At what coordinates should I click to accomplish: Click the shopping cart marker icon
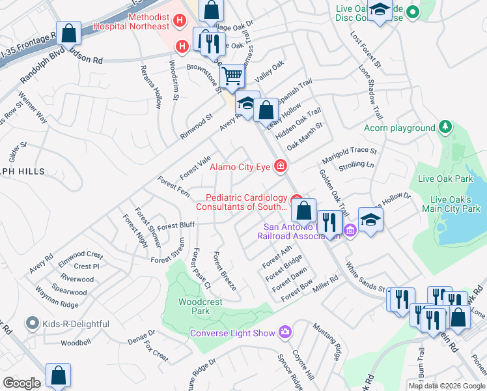point(232,78)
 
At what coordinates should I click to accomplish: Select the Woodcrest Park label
point(201,306)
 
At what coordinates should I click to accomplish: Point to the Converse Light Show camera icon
point(285,333)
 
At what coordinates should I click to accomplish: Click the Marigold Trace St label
point(350,155)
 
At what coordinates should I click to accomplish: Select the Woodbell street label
point(76,343)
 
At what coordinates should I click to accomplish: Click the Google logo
point(21,383)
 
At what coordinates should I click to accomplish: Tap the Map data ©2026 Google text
point(446,386)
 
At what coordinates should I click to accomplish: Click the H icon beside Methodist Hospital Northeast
point(181,22)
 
